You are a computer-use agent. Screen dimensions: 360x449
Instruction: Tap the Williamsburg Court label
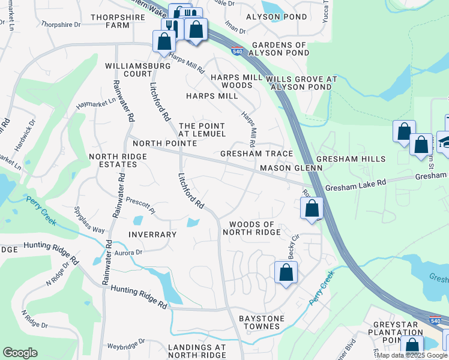coord(128,70)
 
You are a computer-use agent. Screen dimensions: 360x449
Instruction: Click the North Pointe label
coord(164,143)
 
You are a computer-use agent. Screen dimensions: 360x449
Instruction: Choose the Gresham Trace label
coord(256,154)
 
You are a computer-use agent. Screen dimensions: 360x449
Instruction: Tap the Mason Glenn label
coord(291,169)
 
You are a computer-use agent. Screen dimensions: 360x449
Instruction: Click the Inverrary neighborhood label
coord(152,235)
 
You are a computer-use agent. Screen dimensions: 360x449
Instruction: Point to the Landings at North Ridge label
coord(197,351)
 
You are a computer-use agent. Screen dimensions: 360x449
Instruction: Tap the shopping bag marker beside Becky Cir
coord(286,272)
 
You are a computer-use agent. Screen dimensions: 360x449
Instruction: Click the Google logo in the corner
coord(20,353)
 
